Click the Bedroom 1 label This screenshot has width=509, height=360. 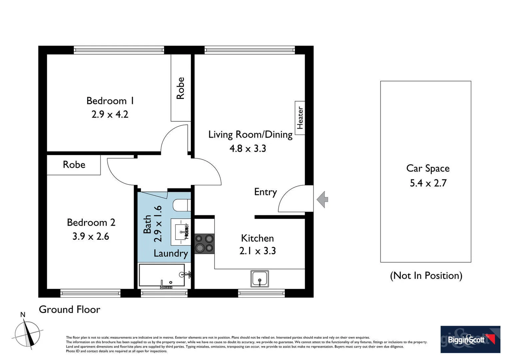(x=110, y=101)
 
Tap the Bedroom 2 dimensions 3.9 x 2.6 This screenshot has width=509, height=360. (x=91, y=236)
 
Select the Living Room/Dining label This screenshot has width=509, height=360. (x=250, y=135)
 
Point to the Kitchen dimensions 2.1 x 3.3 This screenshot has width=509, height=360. (x=257, y=251)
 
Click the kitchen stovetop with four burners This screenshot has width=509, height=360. (x=204, y=243)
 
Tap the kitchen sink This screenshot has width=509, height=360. (x=259, y=279)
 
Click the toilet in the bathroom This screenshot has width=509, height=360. (x=182, y=205)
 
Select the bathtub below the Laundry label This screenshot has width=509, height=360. (x=162, y=275)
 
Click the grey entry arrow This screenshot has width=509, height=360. (x=322, y=200)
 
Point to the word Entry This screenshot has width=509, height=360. (x=265, y=192)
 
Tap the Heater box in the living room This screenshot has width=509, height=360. (x=300, y=118)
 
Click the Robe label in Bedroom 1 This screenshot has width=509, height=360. (x=180, y=88)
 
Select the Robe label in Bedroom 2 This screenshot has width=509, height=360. (x=74, y=165)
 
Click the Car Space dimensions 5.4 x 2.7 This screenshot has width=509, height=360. (x=428, y=183)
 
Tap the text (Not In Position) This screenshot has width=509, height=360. (x=426, y=276)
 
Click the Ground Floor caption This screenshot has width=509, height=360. (x=69, y=310)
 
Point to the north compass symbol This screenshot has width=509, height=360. (x=27, y=333)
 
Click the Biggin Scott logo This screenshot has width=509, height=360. (x=470, y=339)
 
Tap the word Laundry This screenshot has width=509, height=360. (x=171, y=253)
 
